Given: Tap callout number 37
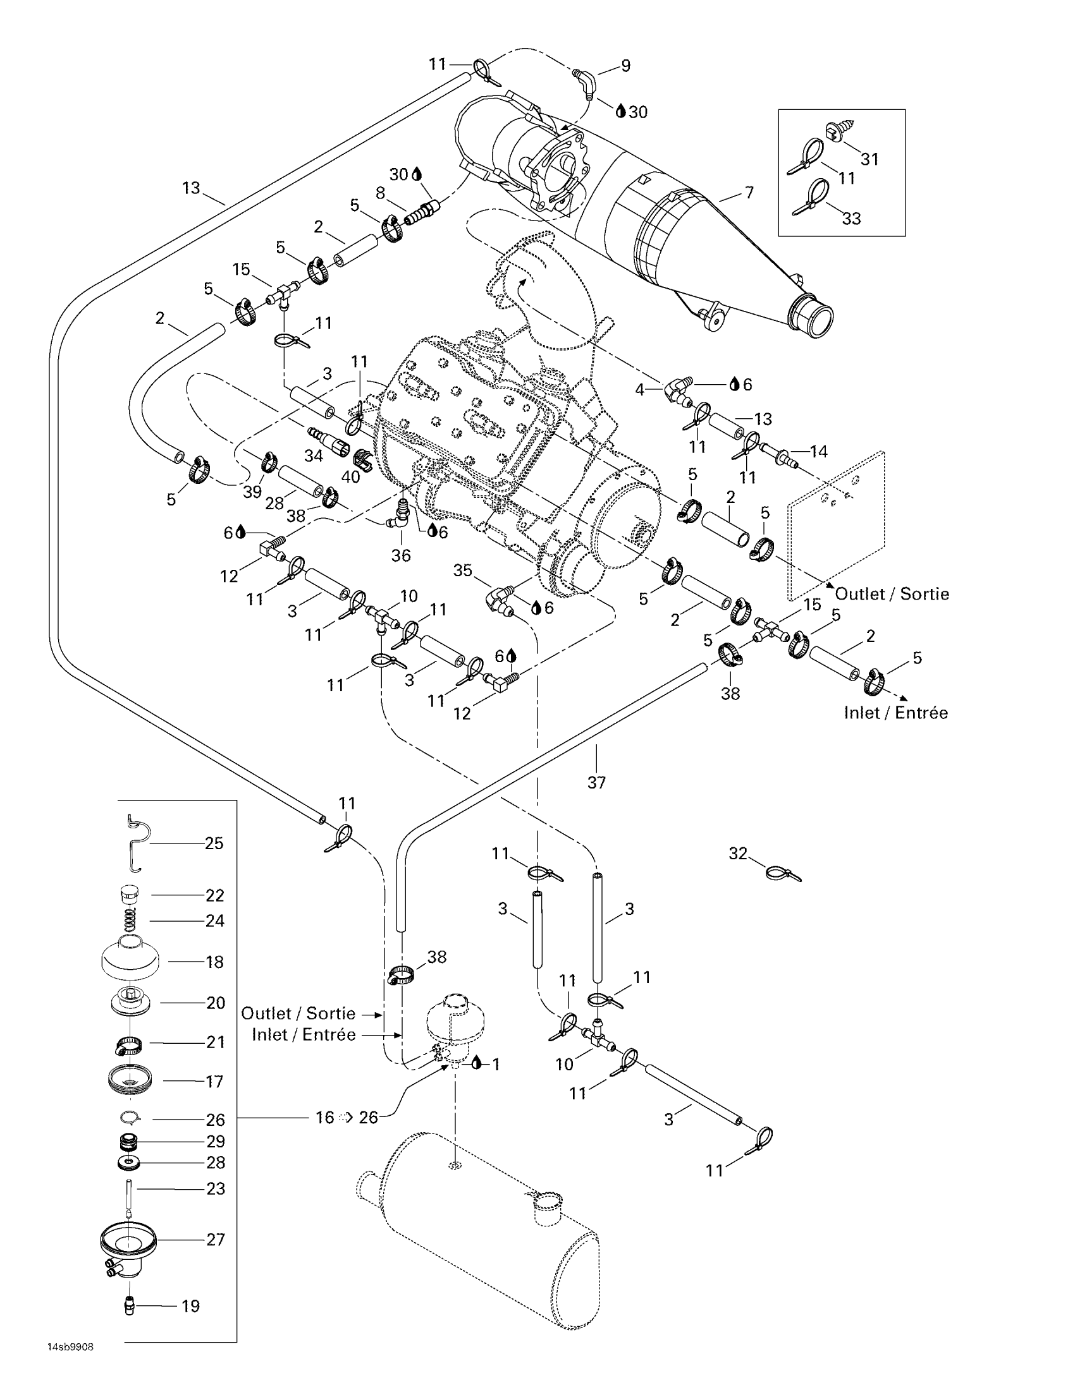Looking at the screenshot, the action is pyautogui.click(x=596, y=782).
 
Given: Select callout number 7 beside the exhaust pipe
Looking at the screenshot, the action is pyautogui.click(x=749, y=192).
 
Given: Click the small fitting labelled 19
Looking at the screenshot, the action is pyautogui.click(x=129, y=1307).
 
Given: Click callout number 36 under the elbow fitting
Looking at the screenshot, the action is pyautogui.click(x=400, y=555).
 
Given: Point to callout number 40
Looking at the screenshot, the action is pyautogui.click(x=350, y=476).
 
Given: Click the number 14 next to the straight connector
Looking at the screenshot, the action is pyautogui.click(x=818, y=451).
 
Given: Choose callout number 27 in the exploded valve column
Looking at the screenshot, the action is pyautogui.click(x=215, y=1239).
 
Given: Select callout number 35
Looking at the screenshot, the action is pyautogui.click(x=462, y=571).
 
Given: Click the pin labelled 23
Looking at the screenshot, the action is pyautogui.click(x=129, y=1199).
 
